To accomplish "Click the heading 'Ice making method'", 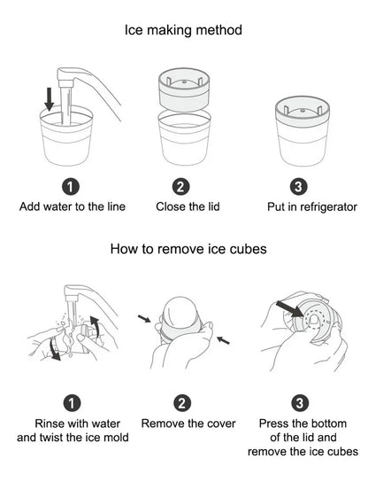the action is (x=183, y=30).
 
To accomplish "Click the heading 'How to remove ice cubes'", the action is (x=188, y=249).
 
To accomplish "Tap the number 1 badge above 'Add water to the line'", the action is (x=71, y=187).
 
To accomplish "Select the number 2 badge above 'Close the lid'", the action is (x=180, y=187).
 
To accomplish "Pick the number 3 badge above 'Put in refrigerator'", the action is (x=299, y=187).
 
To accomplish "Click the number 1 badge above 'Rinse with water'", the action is (x=72, y=403).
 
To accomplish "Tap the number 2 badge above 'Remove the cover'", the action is (x=182, y=403).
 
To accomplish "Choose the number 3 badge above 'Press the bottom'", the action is (x=300, y=403).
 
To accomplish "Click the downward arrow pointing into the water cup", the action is (x=50, y=98).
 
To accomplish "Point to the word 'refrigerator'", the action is (x=328, y=206).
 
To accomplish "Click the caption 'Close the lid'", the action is (x=188, y=206).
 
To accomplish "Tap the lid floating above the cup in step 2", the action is (x=184, y=89).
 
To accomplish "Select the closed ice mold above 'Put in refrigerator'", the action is (x=303, y=131).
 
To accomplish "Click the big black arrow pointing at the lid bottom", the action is (x=289, y=309).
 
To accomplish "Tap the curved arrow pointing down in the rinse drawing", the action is (x=54, y=349).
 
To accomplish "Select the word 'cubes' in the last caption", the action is (x=342, y=452).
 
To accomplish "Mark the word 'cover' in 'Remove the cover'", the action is (x=221, y=424).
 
